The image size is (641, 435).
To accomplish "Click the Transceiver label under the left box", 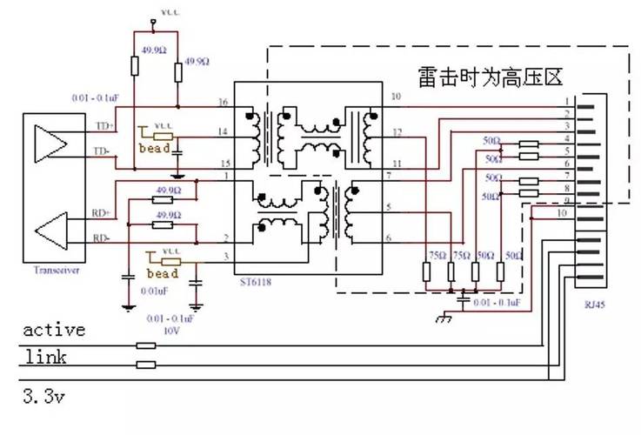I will (56, 271).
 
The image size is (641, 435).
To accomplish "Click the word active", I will (54, 330).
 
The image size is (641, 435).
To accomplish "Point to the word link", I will (46, 357).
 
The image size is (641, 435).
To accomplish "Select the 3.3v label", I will (44, 398).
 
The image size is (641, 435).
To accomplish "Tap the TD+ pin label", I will (103, 126).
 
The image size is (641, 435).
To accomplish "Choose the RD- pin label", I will (102, 238).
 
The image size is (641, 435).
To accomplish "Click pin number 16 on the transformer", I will (224, 102).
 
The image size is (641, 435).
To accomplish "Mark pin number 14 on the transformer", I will (224, 131).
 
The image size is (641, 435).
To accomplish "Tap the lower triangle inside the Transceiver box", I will (50, 230).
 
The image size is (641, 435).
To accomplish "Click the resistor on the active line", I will (146, 345).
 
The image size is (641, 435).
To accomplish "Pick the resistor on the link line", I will (146, 364).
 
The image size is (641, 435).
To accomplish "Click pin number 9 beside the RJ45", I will (566, 201).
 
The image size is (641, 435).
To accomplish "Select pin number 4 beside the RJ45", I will (566, 138).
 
